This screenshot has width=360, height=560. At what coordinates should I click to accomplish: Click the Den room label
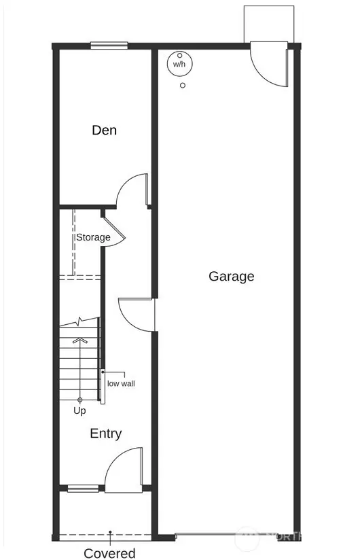pyautogui.click(x=104, y=130)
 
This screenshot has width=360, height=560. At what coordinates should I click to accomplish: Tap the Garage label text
pyautogui.click(x=231, y=277)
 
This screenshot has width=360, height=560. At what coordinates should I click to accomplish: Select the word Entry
pyautogui.click(x=105, y=434)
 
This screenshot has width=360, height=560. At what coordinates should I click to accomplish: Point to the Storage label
pyautogui.click(x=93, y=237)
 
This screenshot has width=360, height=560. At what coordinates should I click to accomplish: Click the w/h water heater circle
pyautogui.click(x=180, y=64)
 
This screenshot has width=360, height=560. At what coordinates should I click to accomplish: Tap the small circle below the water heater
pyautogui.click(x=183, y=86)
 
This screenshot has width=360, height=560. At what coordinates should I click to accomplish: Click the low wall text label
pyautogui.click(x=121, y=383)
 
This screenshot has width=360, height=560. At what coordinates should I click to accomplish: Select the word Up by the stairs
pyautogui.click(x=79, y=410)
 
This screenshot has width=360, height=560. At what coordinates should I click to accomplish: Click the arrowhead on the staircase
pyautogui.click(x=80, y=340)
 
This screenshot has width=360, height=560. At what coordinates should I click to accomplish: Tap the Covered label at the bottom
pyautogui.click(x=109, y=553)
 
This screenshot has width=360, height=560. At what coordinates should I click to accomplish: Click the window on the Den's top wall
pyautogui.click(x=109, y=46)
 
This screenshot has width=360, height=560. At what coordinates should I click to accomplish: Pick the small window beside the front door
pyautogui.click(x=83, y=488)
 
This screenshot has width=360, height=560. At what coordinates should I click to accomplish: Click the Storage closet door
pyautogui.click(x=115, y=232)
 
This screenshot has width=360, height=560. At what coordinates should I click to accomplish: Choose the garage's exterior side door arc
pyautogui.click(x=259, y=73)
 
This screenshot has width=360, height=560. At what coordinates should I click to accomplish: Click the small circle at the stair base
pyautogui.click(x=80, y=400)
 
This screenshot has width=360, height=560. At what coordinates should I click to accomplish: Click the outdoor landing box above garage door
pyautogui.click(x=269, y=24)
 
